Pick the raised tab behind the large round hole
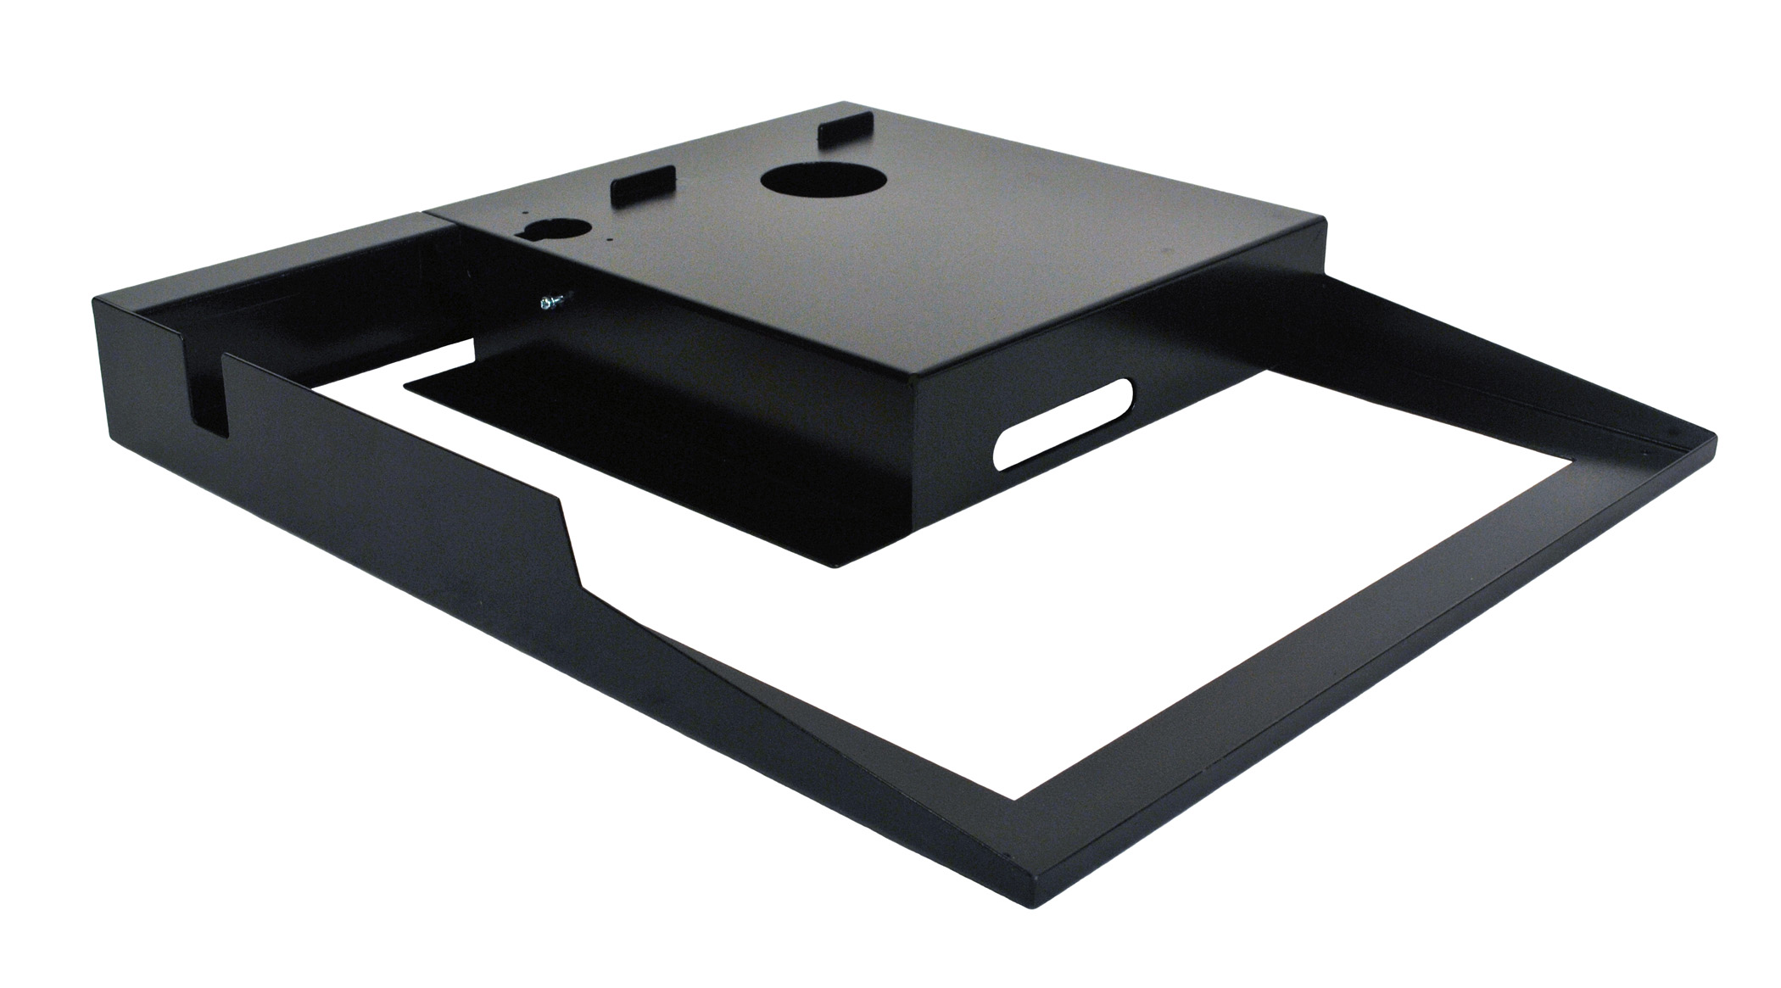[x=842, y=128]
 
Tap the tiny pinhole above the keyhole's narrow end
[x=526, y=215]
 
